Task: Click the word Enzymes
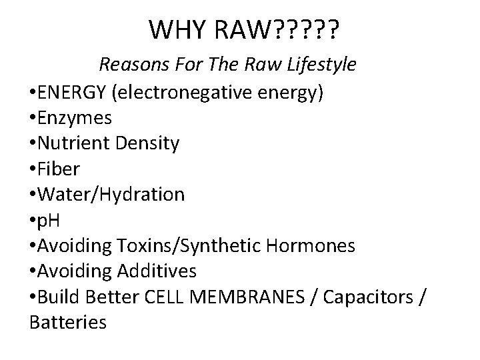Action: click(x=75, y=117)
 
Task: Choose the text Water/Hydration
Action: click(x=112, y=195)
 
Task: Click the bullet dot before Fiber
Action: click(x=33, y=169)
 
